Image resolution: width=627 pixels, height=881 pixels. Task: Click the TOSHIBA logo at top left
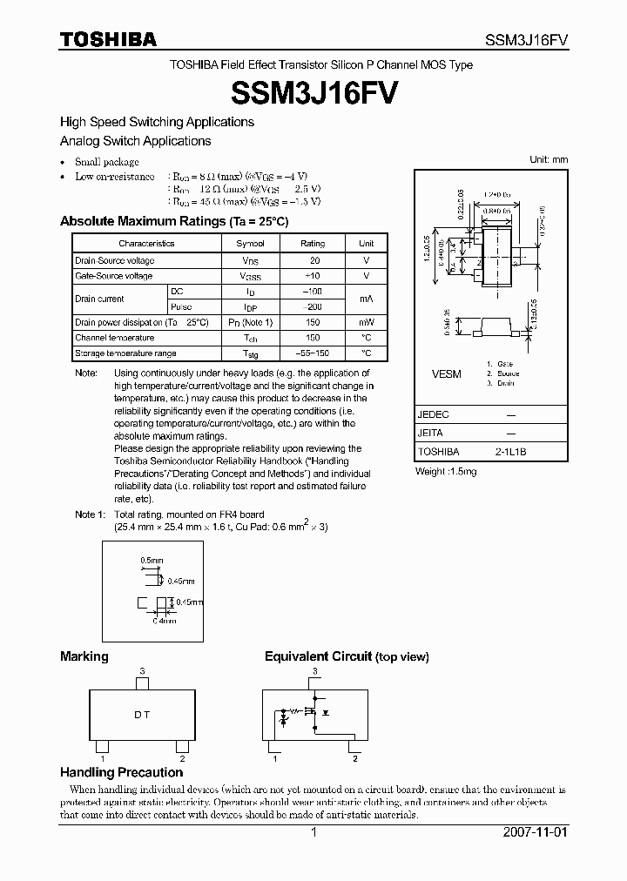(108, 40)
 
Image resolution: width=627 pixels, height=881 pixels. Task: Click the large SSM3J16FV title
(313, 93)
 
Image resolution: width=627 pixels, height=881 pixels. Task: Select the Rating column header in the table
(312, 244)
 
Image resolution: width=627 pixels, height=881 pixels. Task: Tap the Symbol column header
(251, 244)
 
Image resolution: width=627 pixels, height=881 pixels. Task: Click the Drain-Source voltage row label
(115, 260)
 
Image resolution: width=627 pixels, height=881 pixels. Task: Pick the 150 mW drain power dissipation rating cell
(312, 322)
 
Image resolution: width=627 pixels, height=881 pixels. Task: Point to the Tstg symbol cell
(251, 353)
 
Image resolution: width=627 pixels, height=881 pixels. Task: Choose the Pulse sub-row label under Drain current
(182, 306)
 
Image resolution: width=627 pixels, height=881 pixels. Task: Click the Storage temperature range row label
(125, 353)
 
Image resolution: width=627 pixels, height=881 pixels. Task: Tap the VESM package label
(447, 373)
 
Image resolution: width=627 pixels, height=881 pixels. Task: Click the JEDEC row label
(433, 414)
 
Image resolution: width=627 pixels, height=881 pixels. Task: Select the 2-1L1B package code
(510, 453)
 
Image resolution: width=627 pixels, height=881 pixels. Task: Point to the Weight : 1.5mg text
(446, 472)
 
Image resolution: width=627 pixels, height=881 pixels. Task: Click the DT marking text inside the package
(142, 715)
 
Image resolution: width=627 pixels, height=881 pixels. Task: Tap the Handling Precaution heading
(121, 772)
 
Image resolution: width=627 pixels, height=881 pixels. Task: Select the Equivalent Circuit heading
(347, 656)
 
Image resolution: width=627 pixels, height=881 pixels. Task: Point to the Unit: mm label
(549, 159)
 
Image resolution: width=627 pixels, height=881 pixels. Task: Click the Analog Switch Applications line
(135, 141)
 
